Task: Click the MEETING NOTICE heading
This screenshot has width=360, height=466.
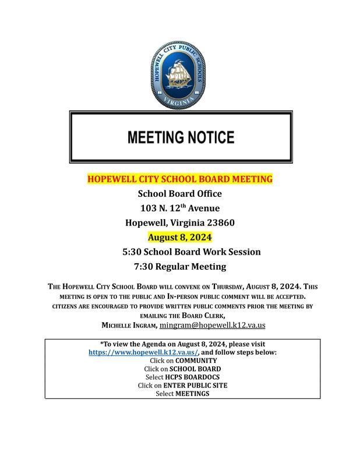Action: tap(181, 137)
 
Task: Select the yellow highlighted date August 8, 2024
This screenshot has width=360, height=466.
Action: tap(179, 237)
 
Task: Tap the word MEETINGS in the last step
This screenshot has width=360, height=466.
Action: tap(192, 394)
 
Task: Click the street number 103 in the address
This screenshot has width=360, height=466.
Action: tap(148, 209)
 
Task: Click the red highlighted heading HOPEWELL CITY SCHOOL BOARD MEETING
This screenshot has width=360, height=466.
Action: tap(179, 179)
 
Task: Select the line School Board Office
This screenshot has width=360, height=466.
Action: tap(179, 194)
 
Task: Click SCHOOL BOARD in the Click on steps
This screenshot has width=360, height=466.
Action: tap(194, 369)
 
